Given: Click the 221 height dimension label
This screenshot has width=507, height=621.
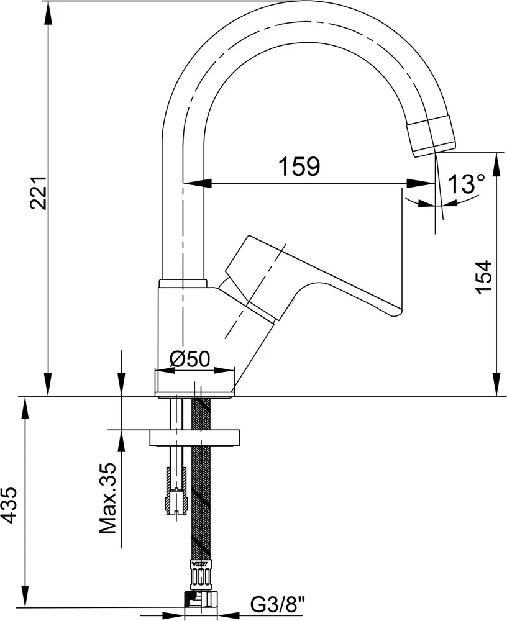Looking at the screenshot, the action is click(40, 193).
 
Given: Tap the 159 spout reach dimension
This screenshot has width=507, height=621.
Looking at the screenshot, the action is click(299, 166).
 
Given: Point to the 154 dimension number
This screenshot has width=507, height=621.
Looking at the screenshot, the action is click(483, 277).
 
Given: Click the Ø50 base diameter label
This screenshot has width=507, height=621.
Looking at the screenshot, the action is click(190, 359).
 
